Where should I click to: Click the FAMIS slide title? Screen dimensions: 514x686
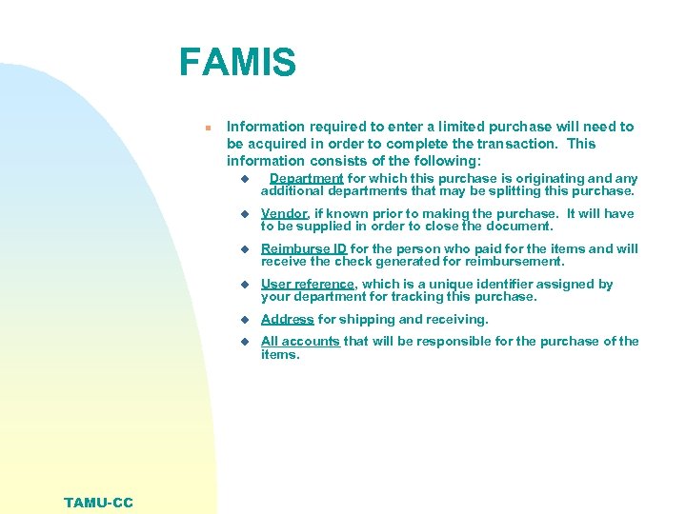(x=237, y=64)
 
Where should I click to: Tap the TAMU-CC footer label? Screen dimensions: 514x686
(x=99, y=503)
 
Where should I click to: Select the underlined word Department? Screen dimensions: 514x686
(x=306, y=178)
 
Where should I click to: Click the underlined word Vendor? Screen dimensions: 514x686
(x=284, y=213)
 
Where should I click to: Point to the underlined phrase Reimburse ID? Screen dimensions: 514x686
(x=304, y=248)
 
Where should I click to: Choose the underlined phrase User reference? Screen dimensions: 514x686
(x=307, y=284)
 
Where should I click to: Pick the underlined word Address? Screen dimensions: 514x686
(x=287, y=319)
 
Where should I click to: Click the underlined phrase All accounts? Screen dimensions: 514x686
(x=300, y=341)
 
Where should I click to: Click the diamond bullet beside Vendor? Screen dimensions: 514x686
(x=244, y=214)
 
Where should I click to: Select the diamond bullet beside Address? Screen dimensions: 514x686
(x=244, y=320)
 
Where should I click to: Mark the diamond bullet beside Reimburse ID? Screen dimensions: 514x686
(x=244, y=249)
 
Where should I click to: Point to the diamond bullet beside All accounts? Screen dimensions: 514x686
(x=244, y=342)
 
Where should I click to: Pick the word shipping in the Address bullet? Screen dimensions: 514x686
(x=362, y=319)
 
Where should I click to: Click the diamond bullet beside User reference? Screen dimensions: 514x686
(x=244, y=285)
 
